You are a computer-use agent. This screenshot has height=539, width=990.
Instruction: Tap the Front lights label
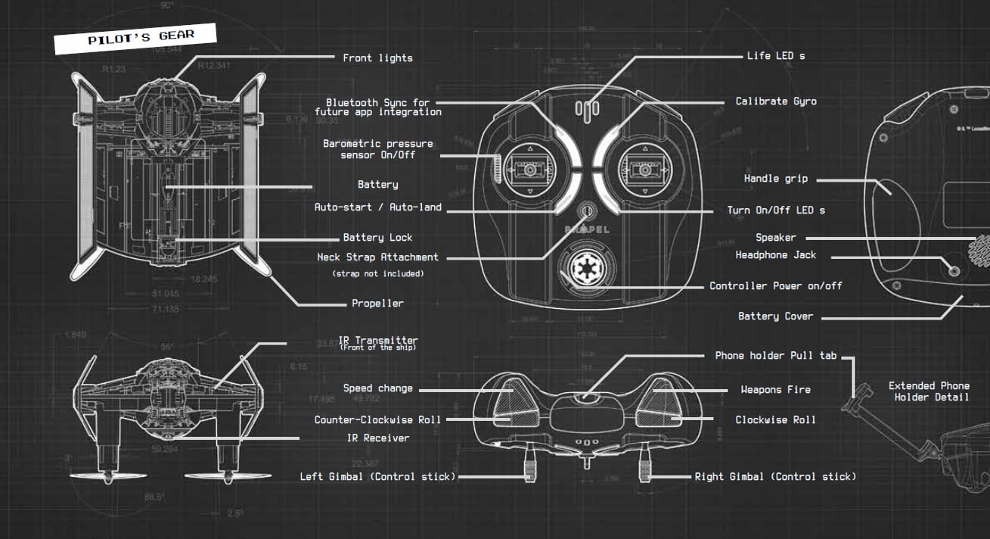coord(377,58)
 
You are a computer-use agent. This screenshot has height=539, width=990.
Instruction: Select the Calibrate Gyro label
coord(776,101)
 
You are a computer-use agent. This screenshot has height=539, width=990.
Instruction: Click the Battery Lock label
coord(377,238)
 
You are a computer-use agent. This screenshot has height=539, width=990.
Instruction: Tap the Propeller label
coord(377,304)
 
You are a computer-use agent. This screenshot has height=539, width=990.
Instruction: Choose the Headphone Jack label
coord(776,255)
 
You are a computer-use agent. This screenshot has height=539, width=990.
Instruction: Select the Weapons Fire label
coord(775,390)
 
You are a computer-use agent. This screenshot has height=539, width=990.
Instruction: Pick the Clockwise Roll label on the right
coord(775,420)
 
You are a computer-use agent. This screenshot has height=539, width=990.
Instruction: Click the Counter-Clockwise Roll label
coord(377,420)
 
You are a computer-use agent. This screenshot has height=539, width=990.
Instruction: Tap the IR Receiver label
coord(377,438)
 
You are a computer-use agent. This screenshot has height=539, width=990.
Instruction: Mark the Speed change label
coord(377,388)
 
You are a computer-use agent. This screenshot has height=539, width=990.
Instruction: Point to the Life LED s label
coord(776,56)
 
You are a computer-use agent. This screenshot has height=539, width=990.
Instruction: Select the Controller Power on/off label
coord(775,286)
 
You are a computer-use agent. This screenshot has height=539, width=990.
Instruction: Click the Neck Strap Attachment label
coord(377,257)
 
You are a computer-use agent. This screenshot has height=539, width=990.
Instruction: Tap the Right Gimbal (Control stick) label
coord(775,477)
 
